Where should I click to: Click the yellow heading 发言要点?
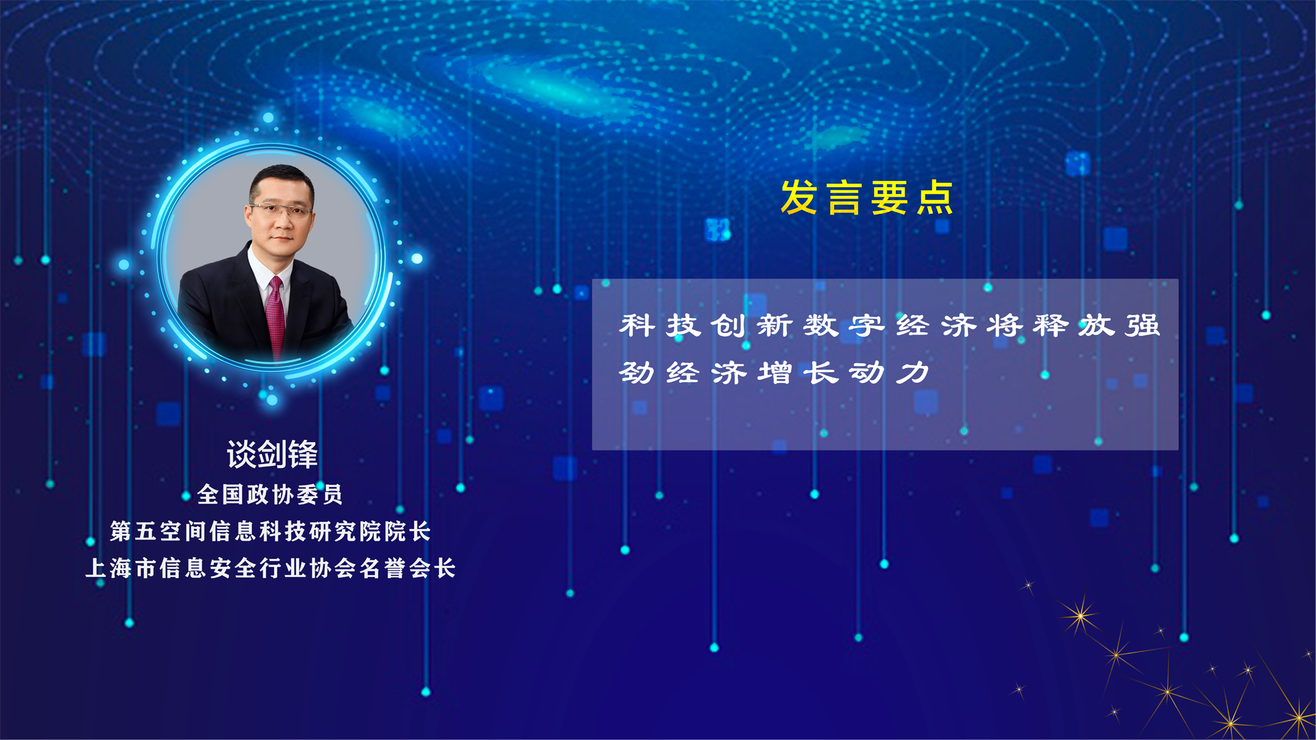pos(867,197)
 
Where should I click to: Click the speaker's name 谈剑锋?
pos(272,454)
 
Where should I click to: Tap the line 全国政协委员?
pos(270,494)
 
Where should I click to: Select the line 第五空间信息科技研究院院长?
pos(270,531)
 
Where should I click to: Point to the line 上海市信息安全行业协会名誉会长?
pos(270,568)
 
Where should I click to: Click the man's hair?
pos(281,182)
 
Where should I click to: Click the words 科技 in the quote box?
pos(660,325)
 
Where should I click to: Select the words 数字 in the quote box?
pos(844,325)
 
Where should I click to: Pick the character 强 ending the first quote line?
pos(1143,325)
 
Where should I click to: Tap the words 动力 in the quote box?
pos(890,373)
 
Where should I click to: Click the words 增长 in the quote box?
pos(798,373)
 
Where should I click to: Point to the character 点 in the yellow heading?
pos(935,197)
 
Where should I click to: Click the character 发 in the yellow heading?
pos(799,197)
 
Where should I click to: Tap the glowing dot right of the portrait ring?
pos(417,258)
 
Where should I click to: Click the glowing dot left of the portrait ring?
pos(124,264)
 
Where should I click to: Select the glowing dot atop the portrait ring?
pos(269,118)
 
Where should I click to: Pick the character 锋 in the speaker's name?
pos(303,454)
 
